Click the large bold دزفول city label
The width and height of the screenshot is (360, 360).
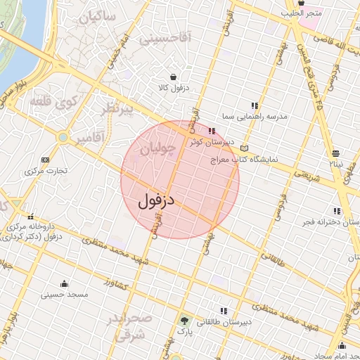pos(156,200)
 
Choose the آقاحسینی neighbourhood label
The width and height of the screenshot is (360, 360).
pos(165,39)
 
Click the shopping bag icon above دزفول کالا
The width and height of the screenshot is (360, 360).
pos(173,77)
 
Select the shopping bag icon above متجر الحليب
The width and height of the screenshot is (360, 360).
pos(301,3)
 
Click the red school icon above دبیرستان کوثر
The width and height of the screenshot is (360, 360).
pos(212,130)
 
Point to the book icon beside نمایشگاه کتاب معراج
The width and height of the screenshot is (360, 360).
pos(244,148)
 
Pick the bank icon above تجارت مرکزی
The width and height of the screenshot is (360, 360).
pos(46,160)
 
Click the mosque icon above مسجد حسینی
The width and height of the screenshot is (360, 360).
pos(65,283)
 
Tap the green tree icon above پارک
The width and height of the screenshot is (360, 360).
pos(184,320)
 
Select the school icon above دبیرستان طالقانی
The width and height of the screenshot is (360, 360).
pos(224,311)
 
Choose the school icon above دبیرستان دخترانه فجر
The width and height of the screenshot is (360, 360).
pos(337,211)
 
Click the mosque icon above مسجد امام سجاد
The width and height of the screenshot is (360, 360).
pos(342,345)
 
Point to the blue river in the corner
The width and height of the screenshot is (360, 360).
pos(18,42)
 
